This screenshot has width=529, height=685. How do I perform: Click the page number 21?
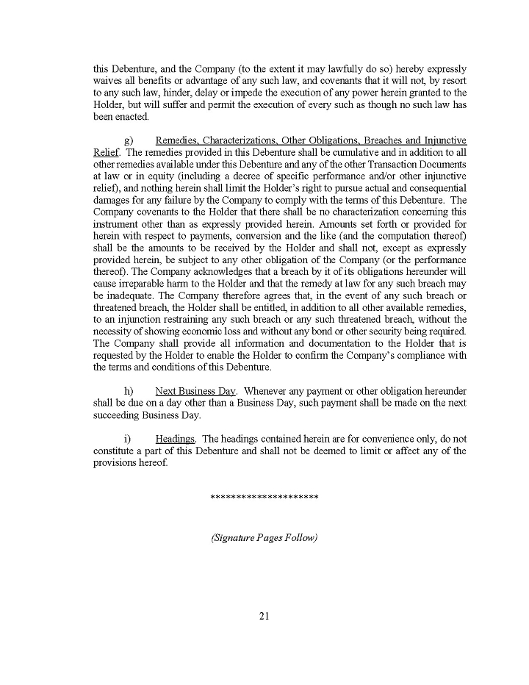[264, 616]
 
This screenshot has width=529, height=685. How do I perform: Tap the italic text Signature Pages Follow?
[264, 537]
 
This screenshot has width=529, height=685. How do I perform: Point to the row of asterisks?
[264, 498]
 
